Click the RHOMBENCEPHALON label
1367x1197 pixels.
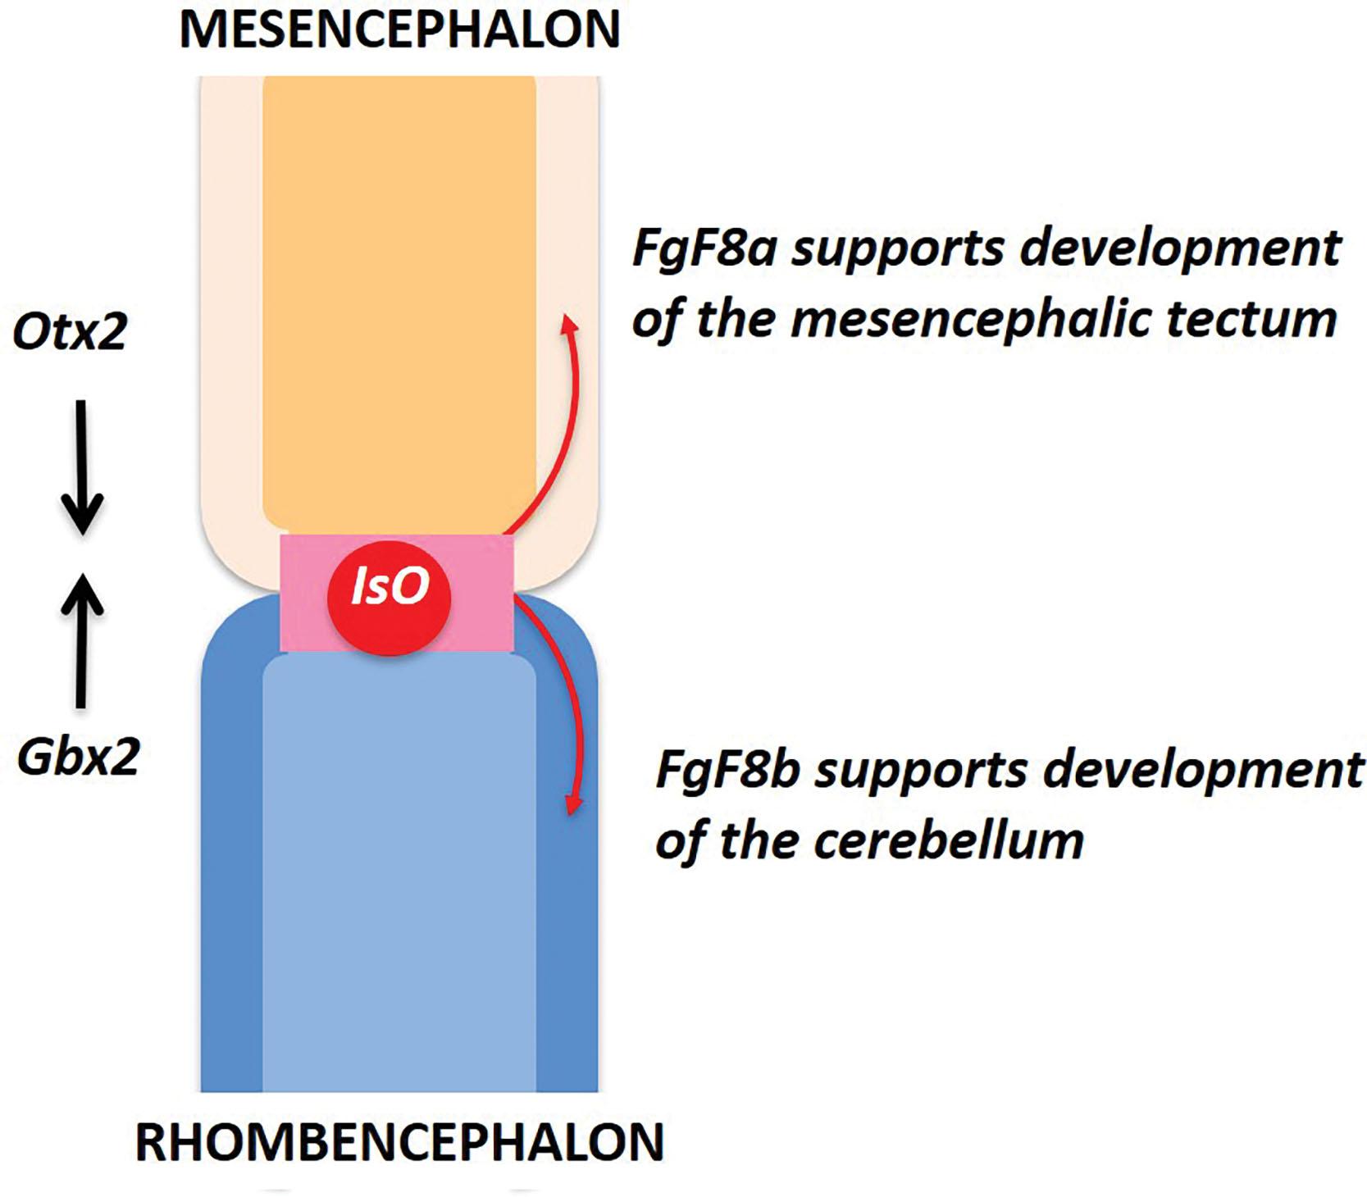399,1142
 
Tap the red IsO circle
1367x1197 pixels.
390,597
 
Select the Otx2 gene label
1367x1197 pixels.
71,332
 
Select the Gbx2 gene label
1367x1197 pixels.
79,756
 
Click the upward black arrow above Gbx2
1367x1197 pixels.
82,639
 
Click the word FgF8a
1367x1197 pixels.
704,248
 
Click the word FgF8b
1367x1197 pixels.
727,770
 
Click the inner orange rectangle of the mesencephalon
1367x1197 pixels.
399,303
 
